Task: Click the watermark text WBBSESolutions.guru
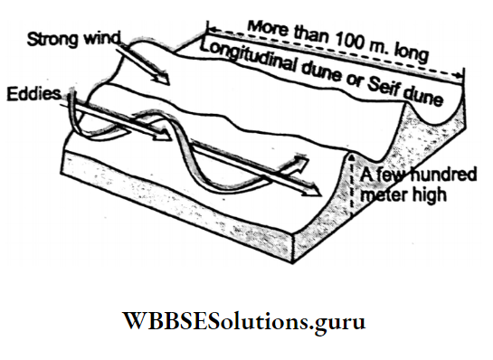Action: (x=247, y=321)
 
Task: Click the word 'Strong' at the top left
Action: (x=51, y=40)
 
